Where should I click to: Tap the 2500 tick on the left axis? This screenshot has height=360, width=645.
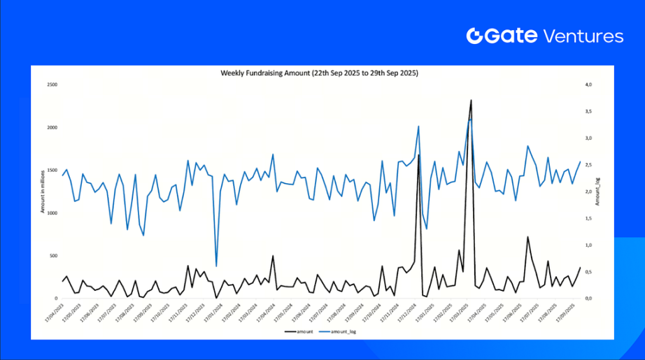coord(51,85)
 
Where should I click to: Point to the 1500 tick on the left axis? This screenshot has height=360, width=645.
coord(51,171)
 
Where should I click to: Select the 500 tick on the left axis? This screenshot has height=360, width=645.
coord(52,256)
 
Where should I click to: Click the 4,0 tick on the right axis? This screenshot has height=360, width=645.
coord(588,85)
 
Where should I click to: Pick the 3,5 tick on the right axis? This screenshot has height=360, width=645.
coord(588,111)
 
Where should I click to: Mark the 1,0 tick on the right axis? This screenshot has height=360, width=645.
coord(588,245)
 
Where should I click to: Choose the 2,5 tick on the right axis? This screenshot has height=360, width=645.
coord(588,165)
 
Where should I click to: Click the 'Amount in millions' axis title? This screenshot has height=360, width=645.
coord(42,192)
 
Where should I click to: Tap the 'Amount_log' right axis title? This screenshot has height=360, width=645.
coord(597,192)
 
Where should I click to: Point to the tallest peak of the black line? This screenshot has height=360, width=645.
coord(471,101)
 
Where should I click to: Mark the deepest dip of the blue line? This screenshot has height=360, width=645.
coord(216,266)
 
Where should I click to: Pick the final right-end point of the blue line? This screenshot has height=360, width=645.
coord(580,161)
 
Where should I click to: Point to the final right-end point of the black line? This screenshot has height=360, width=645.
coord(580,267)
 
